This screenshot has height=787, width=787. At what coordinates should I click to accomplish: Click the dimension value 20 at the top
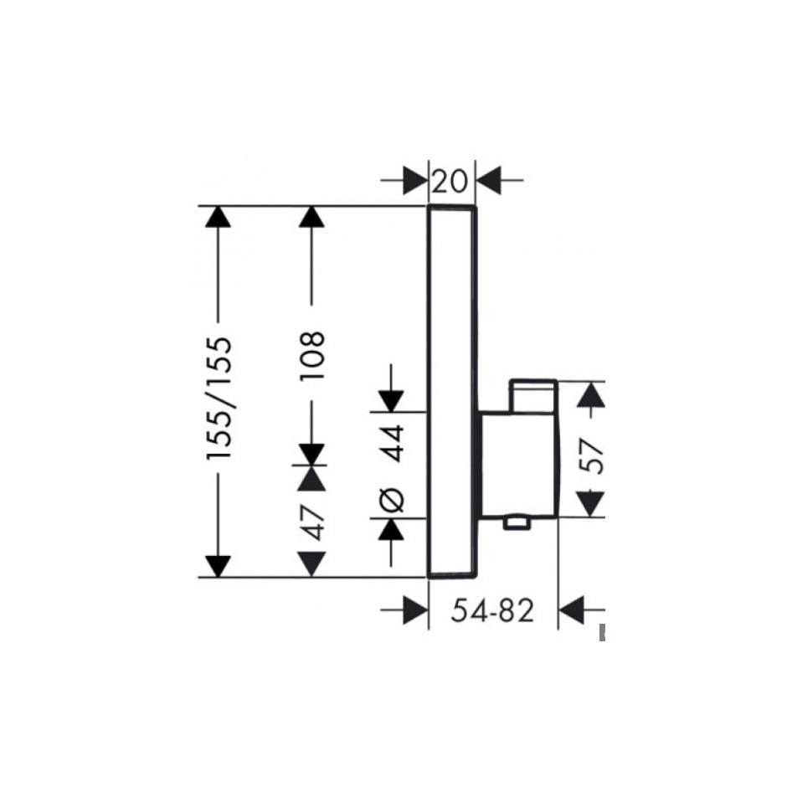tap(450, 181)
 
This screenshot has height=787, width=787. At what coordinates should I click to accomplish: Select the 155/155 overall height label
tap(220, 398)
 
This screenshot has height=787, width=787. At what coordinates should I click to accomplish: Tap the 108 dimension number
tap(312, 356)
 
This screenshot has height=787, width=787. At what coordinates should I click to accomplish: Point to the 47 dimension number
tap(312, 522)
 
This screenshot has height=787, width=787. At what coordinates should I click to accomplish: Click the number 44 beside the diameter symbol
tap(392, 443)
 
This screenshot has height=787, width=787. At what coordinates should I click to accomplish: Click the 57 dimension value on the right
tap(591, 455)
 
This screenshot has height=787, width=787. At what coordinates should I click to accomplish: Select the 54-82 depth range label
tap(492, 611)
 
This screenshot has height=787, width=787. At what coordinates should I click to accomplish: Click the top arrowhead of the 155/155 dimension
tap(218, 217)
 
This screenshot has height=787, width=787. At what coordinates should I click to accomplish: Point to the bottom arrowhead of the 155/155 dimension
tap(218, 567)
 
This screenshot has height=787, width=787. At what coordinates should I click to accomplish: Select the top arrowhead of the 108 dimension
tap(311, 217)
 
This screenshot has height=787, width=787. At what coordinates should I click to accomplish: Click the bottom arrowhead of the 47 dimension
tap(311, 564)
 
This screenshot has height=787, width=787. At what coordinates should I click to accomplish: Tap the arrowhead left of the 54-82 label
tap(415, 610)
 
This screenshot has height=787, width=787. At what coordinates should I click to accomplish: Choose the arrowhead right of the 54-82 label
tap(571, 610)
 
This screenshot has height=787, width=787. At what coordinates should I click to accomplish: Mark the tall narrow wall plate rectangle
tap(452, 392)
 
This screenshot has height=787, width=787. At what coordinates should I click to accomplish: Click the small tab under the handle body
tap(517, 522)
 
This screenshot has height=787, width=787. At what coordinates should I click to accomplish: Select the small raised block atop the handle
tap(533, 396)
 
